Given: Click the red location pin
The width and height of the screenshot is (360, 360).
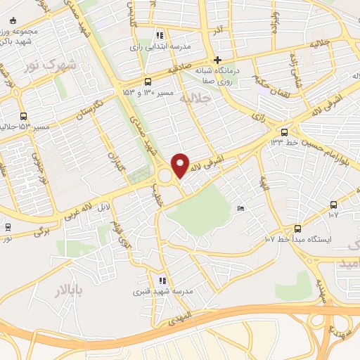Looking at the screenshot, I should click(180, 165).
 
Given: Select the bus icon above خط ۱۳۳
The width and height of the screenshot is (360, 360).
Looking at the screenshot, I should click(284, 131).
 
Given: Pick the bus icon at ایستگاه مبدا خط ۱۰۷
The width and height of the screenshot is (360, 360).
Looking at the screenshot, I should click(297, 229).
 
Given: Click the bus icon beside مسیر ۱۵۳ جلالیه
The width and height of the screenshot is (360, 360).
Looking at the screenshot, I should click(23, 116).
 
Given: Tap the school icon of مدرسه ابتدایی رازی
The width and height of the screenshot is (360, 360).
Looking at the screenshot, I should click(160, 34).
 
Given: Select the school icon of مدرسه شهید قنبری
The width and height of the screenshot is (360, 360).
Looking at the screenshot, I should click(162, 281).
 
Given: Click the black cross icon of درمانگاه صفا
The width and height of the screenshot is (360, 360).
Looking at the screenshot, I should click(218, 60).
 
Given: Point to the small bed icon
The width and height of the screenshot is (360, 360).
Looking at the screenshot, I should click(241, 208).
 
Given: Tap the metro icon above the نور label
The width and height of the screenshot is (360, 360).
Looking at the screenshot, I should click(8, 226).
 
